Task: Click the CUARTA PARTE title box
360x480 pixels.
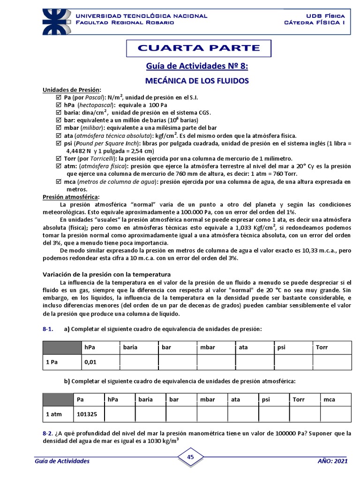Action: click(198, 48)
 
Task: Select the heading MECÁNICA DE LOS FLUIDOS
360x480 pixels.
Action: click(198, 81)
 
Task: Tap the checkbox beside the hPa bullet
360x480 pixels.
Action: click(59, 105)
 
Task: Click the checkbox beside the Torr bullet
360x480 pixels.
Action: click(59, 158)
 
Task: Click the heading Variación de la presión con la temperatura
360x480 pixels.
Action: click(107, 274)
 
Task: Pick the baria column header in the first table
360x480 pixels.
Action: click(131, 348)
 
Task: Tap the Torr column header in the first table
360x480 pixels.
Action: click(323, 348)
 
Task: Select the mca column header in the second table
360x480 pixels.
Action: click(329, 399)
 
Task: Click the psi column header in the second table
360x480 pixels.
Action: click(266, 399)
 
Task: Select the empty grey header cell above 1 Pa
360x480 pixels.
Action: click(61, 348)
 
